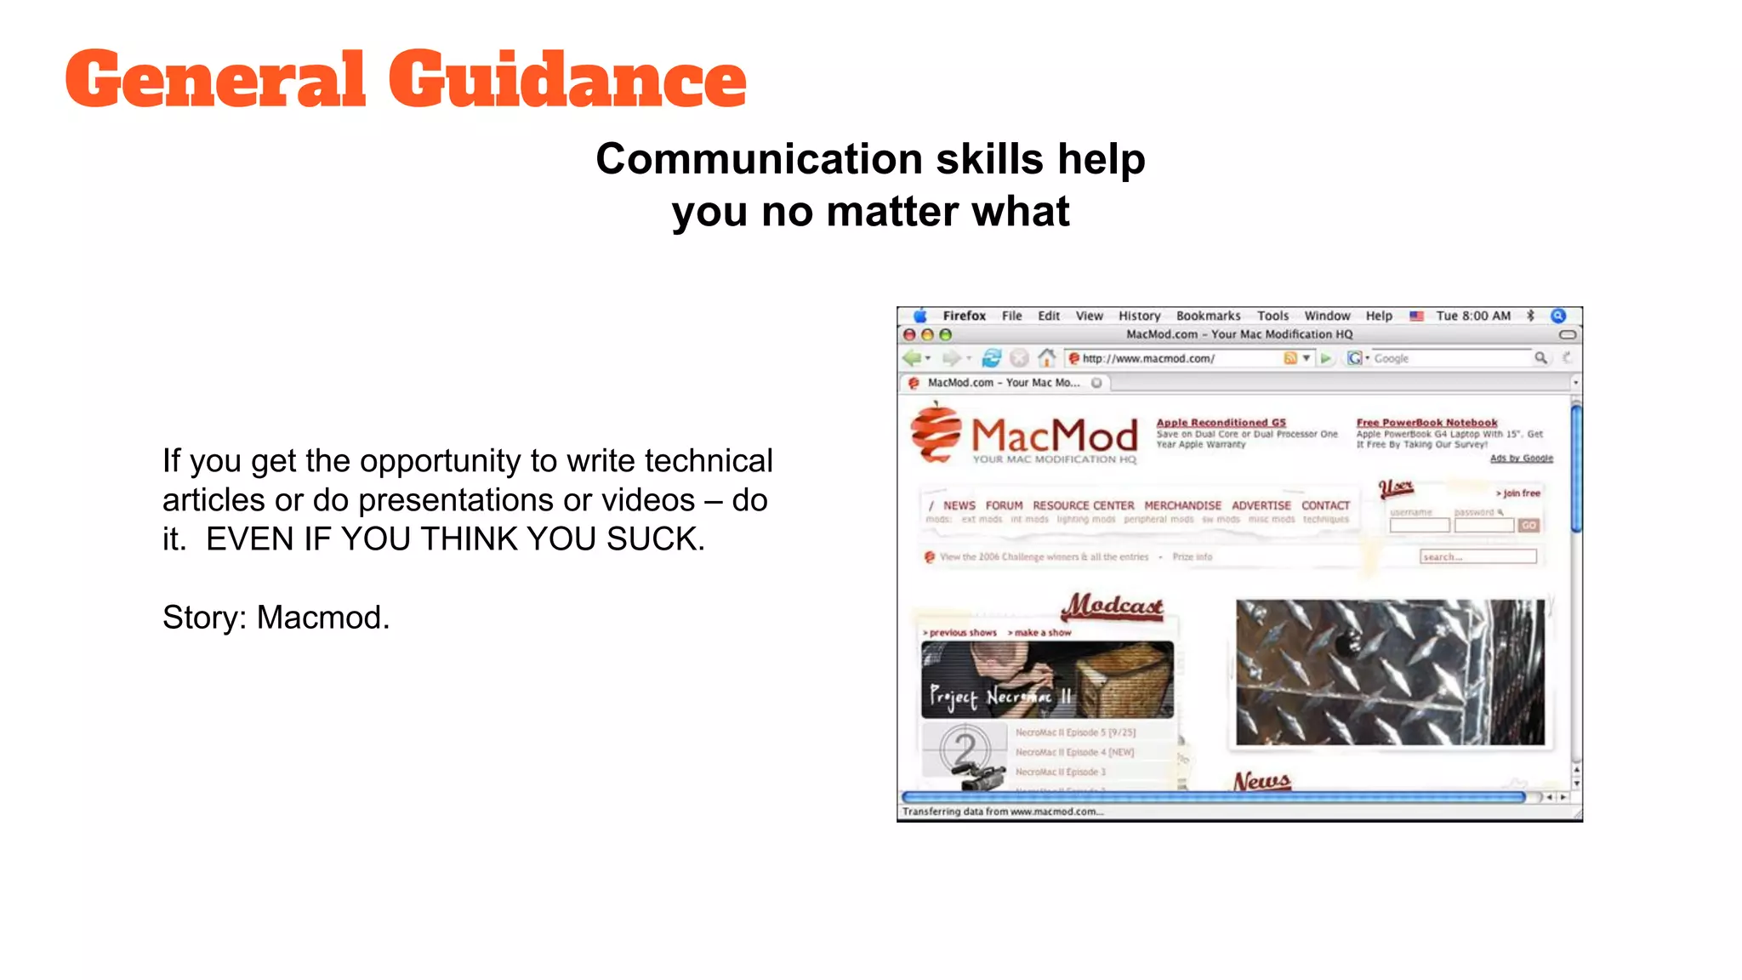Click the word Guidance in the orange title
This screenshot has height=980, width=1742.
pyautogui.click(x=567, y=79)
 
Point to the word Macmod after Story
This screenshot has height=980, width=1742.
pyautogui.click(x=322, y=618)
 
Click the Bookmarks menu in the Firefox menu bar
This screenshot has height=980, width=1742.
pyautogui.click(x=1208, y=316)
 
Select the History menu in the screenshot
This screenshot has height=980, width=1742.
pyautogui.click(x=1139, y=316)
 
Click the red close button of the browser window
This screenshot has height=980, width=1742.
pyautogui.click(x=909, y=334)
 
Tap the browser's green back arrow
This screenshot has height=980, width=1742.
pyautogui.click(x=912, y=358)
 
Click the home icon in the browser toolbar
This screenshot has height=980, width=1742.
pyautogui.click(x=1047, y=358)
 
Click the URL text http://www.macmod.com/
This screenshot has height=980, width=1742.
pyautogui.click(x=1148, y=358)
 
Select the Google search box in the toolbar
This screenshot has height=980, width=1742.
pyautogui.click(x=1450, y=358)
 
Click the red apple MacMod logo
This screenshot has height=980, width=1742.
pyautogui.click(x=936, y=434)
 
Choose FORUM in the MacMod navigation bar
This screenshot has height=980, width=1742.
pyautogui.click(x=1004, y=505)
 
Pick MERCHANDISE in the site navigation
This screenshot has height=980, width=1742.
pyautogui.click(x=1182, y=505)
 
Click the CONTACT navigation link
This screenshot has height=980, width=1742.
pyautogui.click(x=1325, y=505)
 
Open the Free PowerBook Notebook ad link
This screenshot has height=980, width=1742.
pyautogui.click(x=1426, y=422)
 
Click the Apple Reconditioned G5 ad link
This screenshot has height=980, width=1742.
pyautogui.click(x=1221, y=422)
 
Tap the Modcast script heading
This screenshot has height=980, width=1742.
pyautogui.click(x=1113, y=606)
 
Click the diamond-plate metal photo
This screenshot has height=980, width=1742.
pyautogui.click(x=1390, y=672)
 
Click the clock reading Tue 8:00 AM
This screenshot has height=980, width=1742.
pyautogui.click(x=1473, y=316)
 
